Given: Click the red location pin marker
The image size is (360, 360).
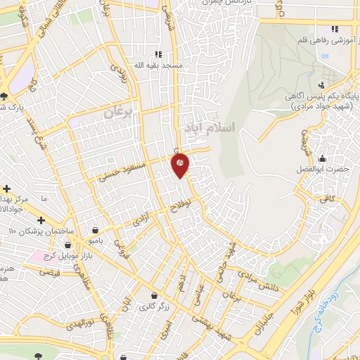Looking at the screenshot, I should tap(180, 165).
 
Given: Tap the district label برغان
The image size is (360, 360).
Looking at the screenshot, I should tap(118, 111).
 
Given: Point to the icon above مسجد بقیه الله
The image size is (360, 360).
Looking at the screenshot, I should tap(158, 54).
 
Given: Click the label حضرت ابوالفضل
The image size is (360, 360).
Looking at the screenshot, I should tap(323, 169).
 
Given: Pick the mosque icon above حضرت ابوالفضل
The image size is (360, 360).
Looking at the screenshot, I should tap(322, 157).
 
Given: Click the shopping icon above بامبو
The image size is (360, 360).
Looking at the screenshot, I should tap(95, 229).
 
